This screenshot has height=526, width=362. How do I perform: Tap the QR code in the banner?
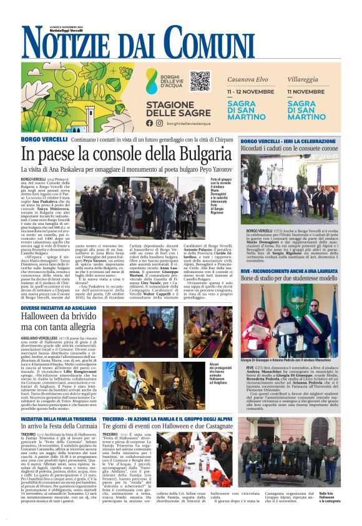click(x=200, y=81)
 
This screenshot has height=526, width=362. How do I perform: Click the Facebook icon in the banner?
click(x=149, y=123)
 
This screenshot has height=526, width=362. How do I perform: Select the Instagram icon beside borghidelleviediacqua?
click(x=159, y=123)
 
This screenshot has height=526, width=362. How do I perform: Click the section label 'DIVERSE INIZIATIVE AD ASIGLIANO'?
click(x=59, y=307)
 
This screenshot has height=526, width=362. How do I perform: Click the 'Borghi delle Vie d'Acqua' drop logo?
click(x=152, y=81)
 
